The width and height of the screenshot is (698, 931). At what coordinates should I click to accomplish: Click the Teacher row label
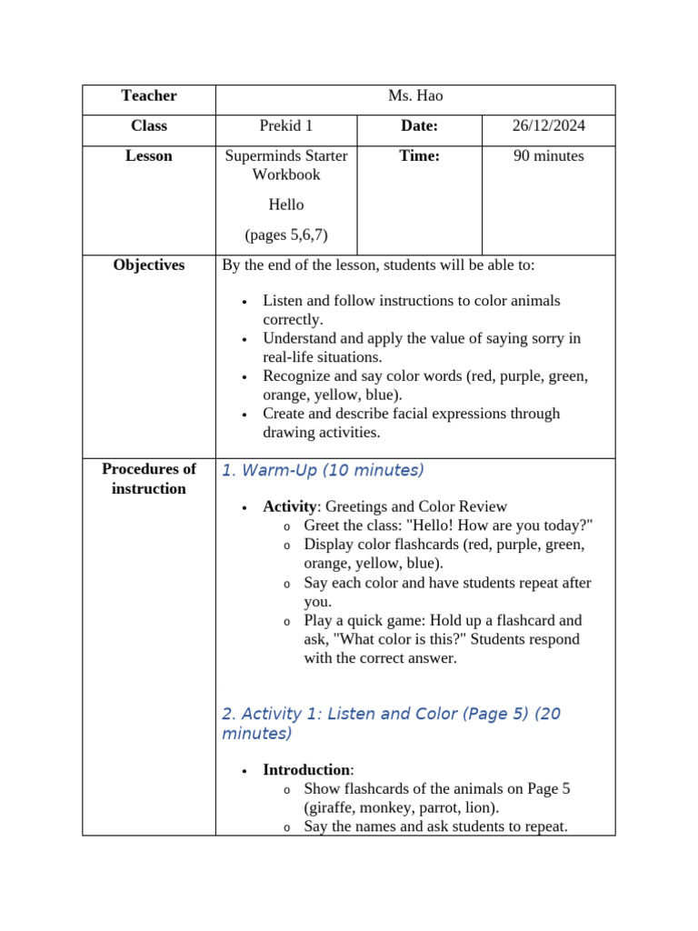(148, 96)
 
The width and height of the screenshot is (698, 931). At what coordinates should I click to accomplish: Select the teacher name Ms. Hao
(415, 96)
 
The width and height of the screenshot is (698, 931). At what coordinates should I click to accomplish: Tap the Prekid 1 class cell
(286, 126)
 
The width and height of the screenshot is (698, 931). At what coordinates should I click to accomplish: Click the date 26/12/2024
(548, 126)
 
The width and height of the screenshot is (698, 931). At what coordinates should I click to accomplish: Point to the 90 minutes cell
(548, 156)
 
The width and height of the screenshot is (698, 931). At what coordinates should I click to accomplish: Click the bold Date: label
(419, 126)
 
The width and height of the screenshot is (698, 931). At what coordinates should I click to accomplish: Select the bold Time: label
(419, 156)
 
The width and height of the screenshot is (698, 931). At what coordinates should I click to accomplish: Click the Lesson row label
(148, 156)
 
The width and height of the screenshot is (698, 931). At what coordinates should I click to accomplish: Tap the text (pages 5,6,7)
(286, 235)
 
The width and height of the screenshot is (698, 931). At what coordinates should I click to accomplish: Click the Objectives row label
(148, 265)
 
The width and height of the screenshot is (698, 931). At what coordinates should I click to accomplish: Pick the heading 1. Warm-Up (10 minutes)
(323, 471)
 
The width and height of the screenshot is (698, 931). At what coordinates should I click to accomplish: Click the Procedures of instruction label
(148, 479)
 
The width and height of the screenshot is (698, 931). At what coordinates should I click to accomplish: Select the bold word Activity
(290, 506)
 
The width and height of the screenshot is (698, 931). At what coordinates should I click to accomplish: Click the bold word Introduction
(306, 770)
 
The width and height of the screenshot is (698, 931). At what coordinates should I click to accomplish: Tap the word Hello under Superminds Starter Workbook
(286, 205)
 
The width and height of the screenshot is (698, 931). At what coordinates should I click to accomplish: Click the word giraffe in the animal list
(331, 808)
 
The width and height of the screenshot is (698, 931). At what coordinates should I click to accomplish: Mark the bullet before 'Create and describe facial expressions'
(244, 415)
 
